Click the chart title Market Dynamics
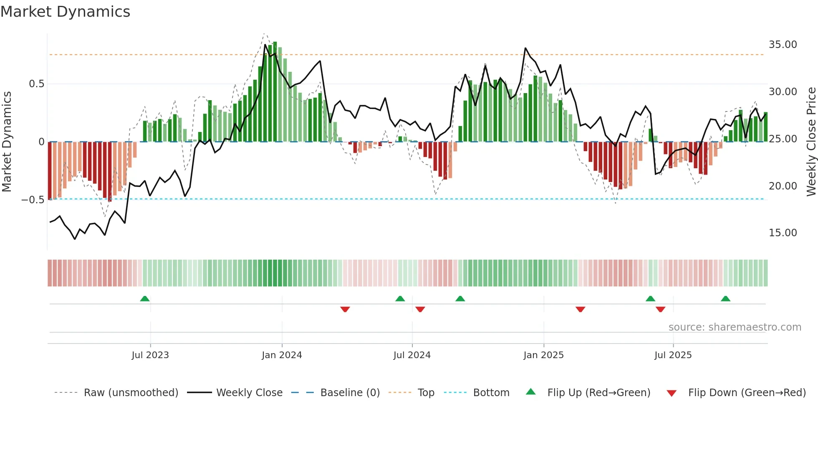pos(65,12)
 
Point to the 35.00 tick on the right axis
pos(783,45)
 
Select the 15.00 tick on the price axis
pos(783,233)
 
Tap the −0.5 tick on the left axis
pos(33,200)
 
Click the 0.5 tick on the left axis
pos(36,84)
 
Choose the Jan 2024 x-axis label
pos(282,355)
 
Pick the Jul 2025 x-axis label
pos(673,355)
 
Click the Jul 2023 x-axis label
pos(150,355)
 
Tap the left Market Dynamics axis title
pos(7,142)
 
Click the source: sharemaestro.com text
pos(735,327)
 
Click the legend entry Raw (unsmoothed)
pos(131,393)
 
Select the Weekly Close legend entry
pos(249,393)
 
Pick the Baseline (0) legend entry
pos(350,393)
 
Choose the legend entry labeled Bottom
pos(491,393)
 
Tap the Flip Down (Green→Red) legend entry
pos(747,393)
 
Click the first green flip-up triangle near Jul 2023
pos(145,299)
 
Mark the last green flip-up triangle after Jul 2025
pos(725,299)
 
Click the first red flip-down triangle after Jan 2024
pos(345,309)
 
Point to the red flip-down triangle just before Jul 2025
pos(660,309)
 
